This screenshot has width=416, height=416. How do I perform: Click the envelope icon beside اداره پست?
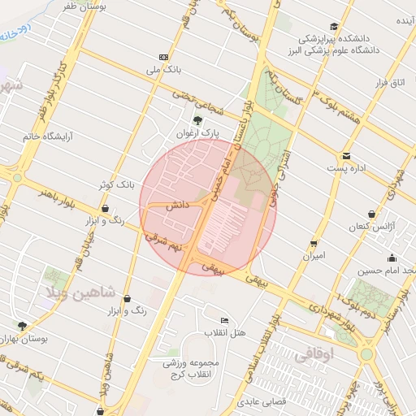[x=346, y=155]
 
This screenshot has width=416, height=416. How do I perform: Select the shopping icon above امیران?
[x=314, y=243]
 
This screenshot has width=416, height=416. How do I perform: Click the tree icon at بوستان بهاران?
[x=22, y=326]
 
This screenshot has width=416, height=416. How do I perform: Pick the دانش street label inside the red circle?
[x=178, y=206]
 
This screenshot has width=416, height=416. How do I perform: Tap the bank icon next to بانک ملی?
[x=165, y=57]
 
